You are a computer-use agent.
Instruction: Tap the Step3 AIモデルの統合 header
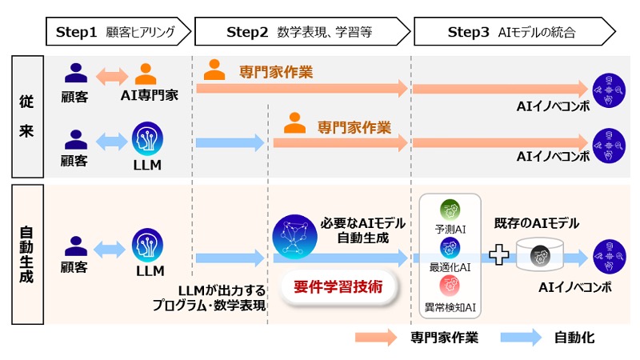(512, 32)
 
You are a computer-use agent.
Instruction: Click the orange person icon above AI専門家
(146, 74)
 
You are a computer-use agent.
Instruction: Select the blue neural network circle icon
(294, 236)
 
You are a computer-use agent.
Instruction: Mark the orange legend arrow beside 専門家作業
(376, 338)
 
